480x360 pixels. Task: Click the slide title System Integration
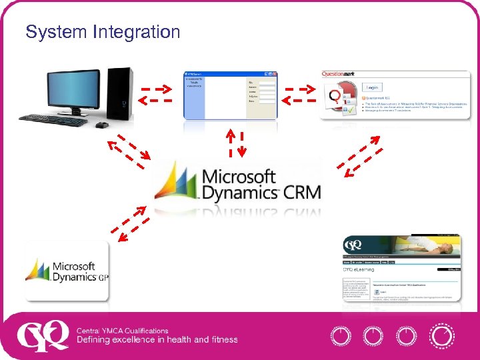coord(103,31)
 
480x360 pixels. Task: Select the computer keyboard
coord(53,120)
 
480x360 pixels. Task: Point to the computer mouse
coord(101,125)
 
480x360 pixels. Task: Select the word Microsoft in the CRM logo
coord(239,177)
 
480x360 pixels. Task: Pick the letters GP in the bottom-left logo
coord(103,278)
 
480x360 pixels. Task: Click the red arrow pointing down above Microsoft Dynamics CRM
coord(242,144)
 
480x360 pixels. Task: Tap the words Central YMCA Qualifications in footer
coord(122,331)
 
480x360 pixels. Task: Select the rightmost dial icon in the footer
coord(442,336)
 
